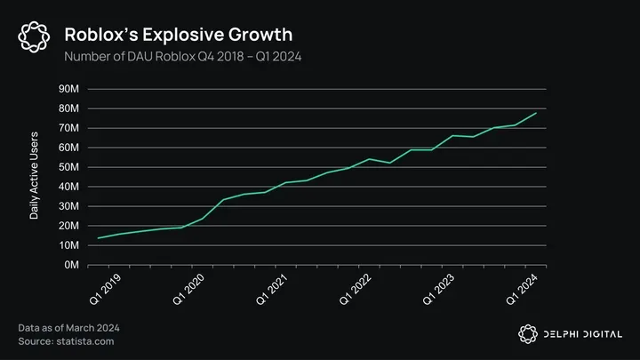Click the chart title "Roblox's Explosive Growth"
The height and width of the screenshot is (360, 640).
[x=178, y=35]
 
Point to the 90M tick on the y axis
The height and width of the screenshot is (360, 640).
[x=68, y=89]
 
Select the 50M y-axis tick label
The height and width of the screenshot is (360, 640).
[x=68, y=167]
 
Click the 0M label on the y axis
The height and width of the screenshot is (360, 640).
[x=71, y=265]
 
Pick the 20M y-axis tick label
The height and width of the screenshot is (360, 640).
[x=68, y=226]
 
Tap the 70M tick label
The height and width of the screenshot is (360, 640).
[x=68, y=128]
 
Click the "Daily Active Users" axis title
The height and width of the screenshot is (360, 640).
[x=34, y=177]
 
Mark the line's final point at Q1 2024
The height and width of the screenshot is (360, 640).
[x=536, y=113]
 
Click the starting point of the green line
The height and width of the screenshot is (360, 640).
[x=98, y=238]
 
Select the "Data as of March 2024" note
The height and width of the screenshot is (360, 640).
[x=68, y=328]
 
